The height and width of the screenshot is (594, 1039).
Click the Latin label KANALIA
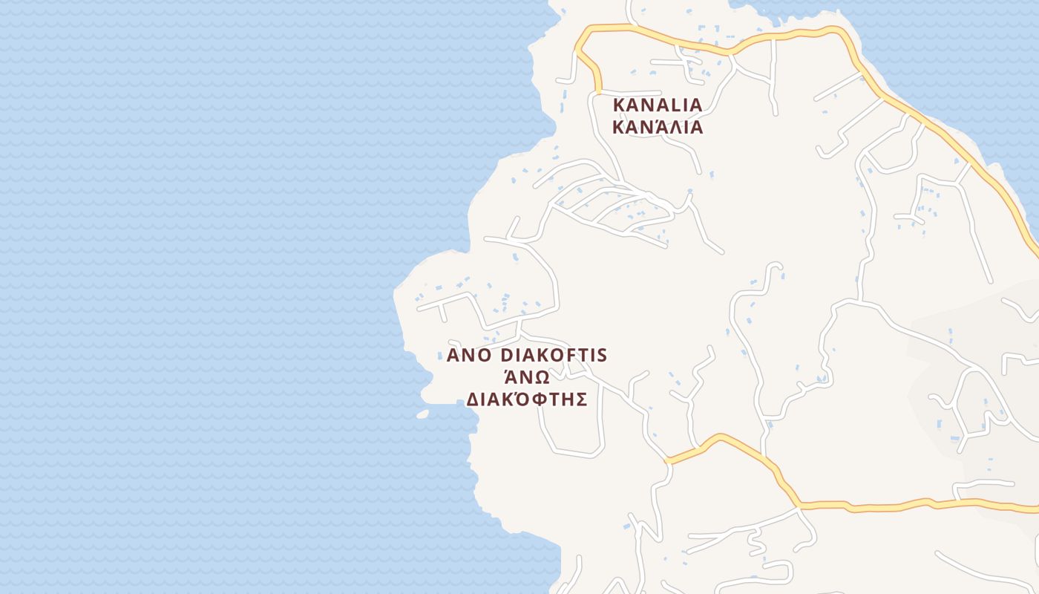pyautogui.click(x=657, y=105)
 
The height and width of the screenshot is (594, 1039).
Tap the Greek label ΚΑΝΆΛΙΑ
pyautogui.click(x=657, y=127)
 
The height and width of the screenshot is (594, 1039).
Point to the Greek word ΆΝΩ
pyautogui.click(x=526, y=376)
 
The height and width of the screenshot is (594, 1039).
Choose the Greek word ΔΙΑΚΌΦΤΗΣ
pyautogui.click(x=527, y=399)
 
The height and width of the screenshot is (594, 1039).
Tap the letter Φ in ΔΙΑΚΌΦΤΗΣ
pyautogui.click(x=540, y=399)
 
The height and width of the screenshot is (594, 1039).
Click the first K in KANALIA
pyautogui.click(x=618, y=105)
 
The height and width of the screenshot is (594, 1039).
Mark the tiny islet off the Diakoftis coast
pyautogui.click(x=422, y=414)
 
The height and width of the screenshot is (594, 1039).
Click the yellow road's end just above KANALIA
pyautogui.click(x=598, y=91)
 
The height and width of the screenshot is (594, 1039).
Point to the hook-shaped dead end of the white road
pyautogui.click(x=776, y=266)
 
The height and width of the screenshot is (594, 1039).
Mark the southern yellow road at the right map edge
pyautogui.click(x=1033, y=509)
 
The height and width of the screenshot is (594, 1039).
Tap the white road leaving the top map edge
pyautogui.click(x=629, y=6)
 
